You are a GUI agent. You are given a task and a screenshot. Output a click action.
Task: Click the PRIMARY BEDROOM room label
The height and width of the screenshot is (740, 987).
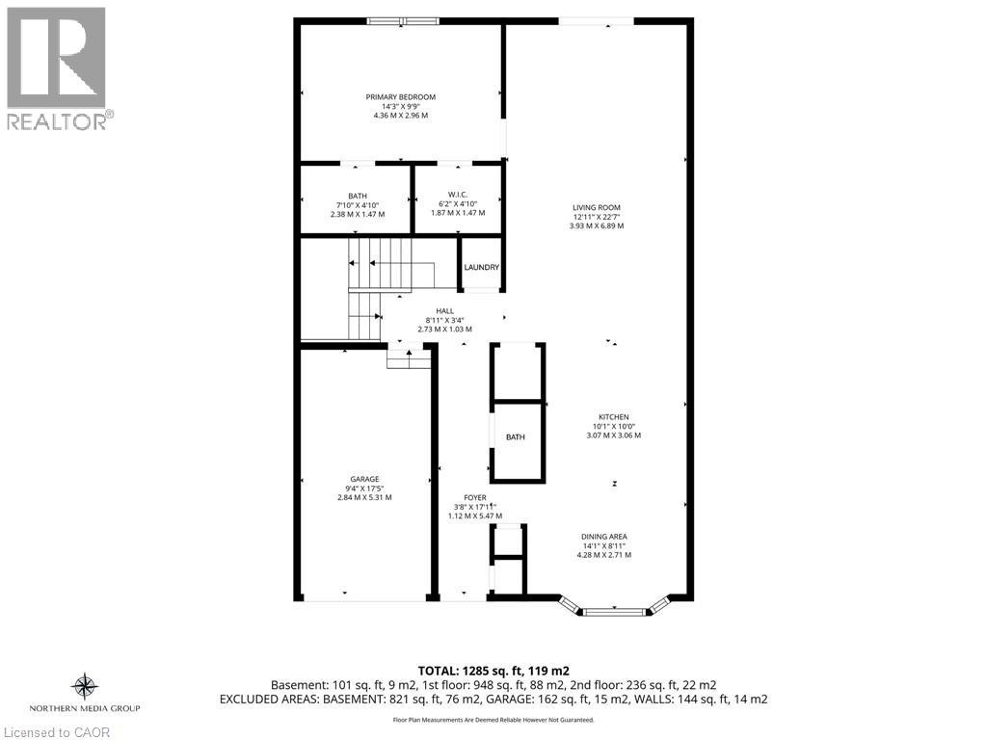(x=400, y=96)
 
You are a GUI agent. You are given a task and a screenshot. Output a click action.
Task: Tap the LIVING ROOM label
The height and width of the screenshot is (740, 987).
(x=596, y=207)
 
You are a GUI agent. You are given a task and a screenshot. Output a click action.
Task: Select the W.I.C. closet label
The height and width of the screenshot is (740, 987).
(x=457, y=195)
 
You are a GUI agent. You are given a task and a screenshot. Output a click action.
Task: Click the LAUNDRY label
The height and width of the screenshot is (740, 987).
(x=481, y=267)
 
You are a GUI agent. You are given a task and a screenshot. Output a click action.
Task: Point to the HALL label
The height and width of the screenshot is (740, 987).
(x=444, y=310)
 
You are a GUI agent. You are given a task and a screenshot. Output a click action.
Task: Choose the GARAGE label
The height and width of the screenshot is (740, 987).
(x=364, y=479)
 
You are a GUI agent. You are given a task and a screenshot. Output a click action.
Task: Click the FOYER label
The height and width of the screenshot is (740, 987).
(x=474, y=498)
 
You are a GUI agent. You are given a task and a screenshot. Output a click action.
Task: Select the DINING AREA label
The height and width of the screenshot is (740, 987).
(x=603, y=537)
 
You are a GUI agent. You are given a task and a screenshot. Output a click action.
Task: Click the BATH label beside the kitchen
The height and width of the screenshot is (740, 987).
(x=516, y=437)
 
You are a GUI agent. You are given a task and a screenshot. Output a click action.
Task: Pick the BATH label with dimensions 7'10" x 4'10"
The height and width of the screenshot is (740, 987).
(x=357, y=196)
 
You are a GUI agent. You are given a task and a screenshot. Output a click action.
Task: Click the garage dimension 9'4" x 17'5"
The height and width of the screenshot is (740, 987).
(x=364, y=489)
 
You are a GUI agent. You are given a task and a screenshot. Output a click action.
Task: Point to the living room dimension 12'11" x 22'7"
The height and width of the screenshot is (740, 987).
(x=596, y=217)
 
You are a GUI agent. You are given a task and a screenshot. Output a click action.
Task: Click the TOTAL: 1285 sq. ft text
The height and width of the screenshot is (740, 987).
(x=493, y=671)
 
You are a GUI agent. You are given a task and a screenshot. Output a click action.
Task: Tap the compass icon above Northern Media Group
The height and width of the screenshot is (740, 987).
(x=85, y=687)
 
